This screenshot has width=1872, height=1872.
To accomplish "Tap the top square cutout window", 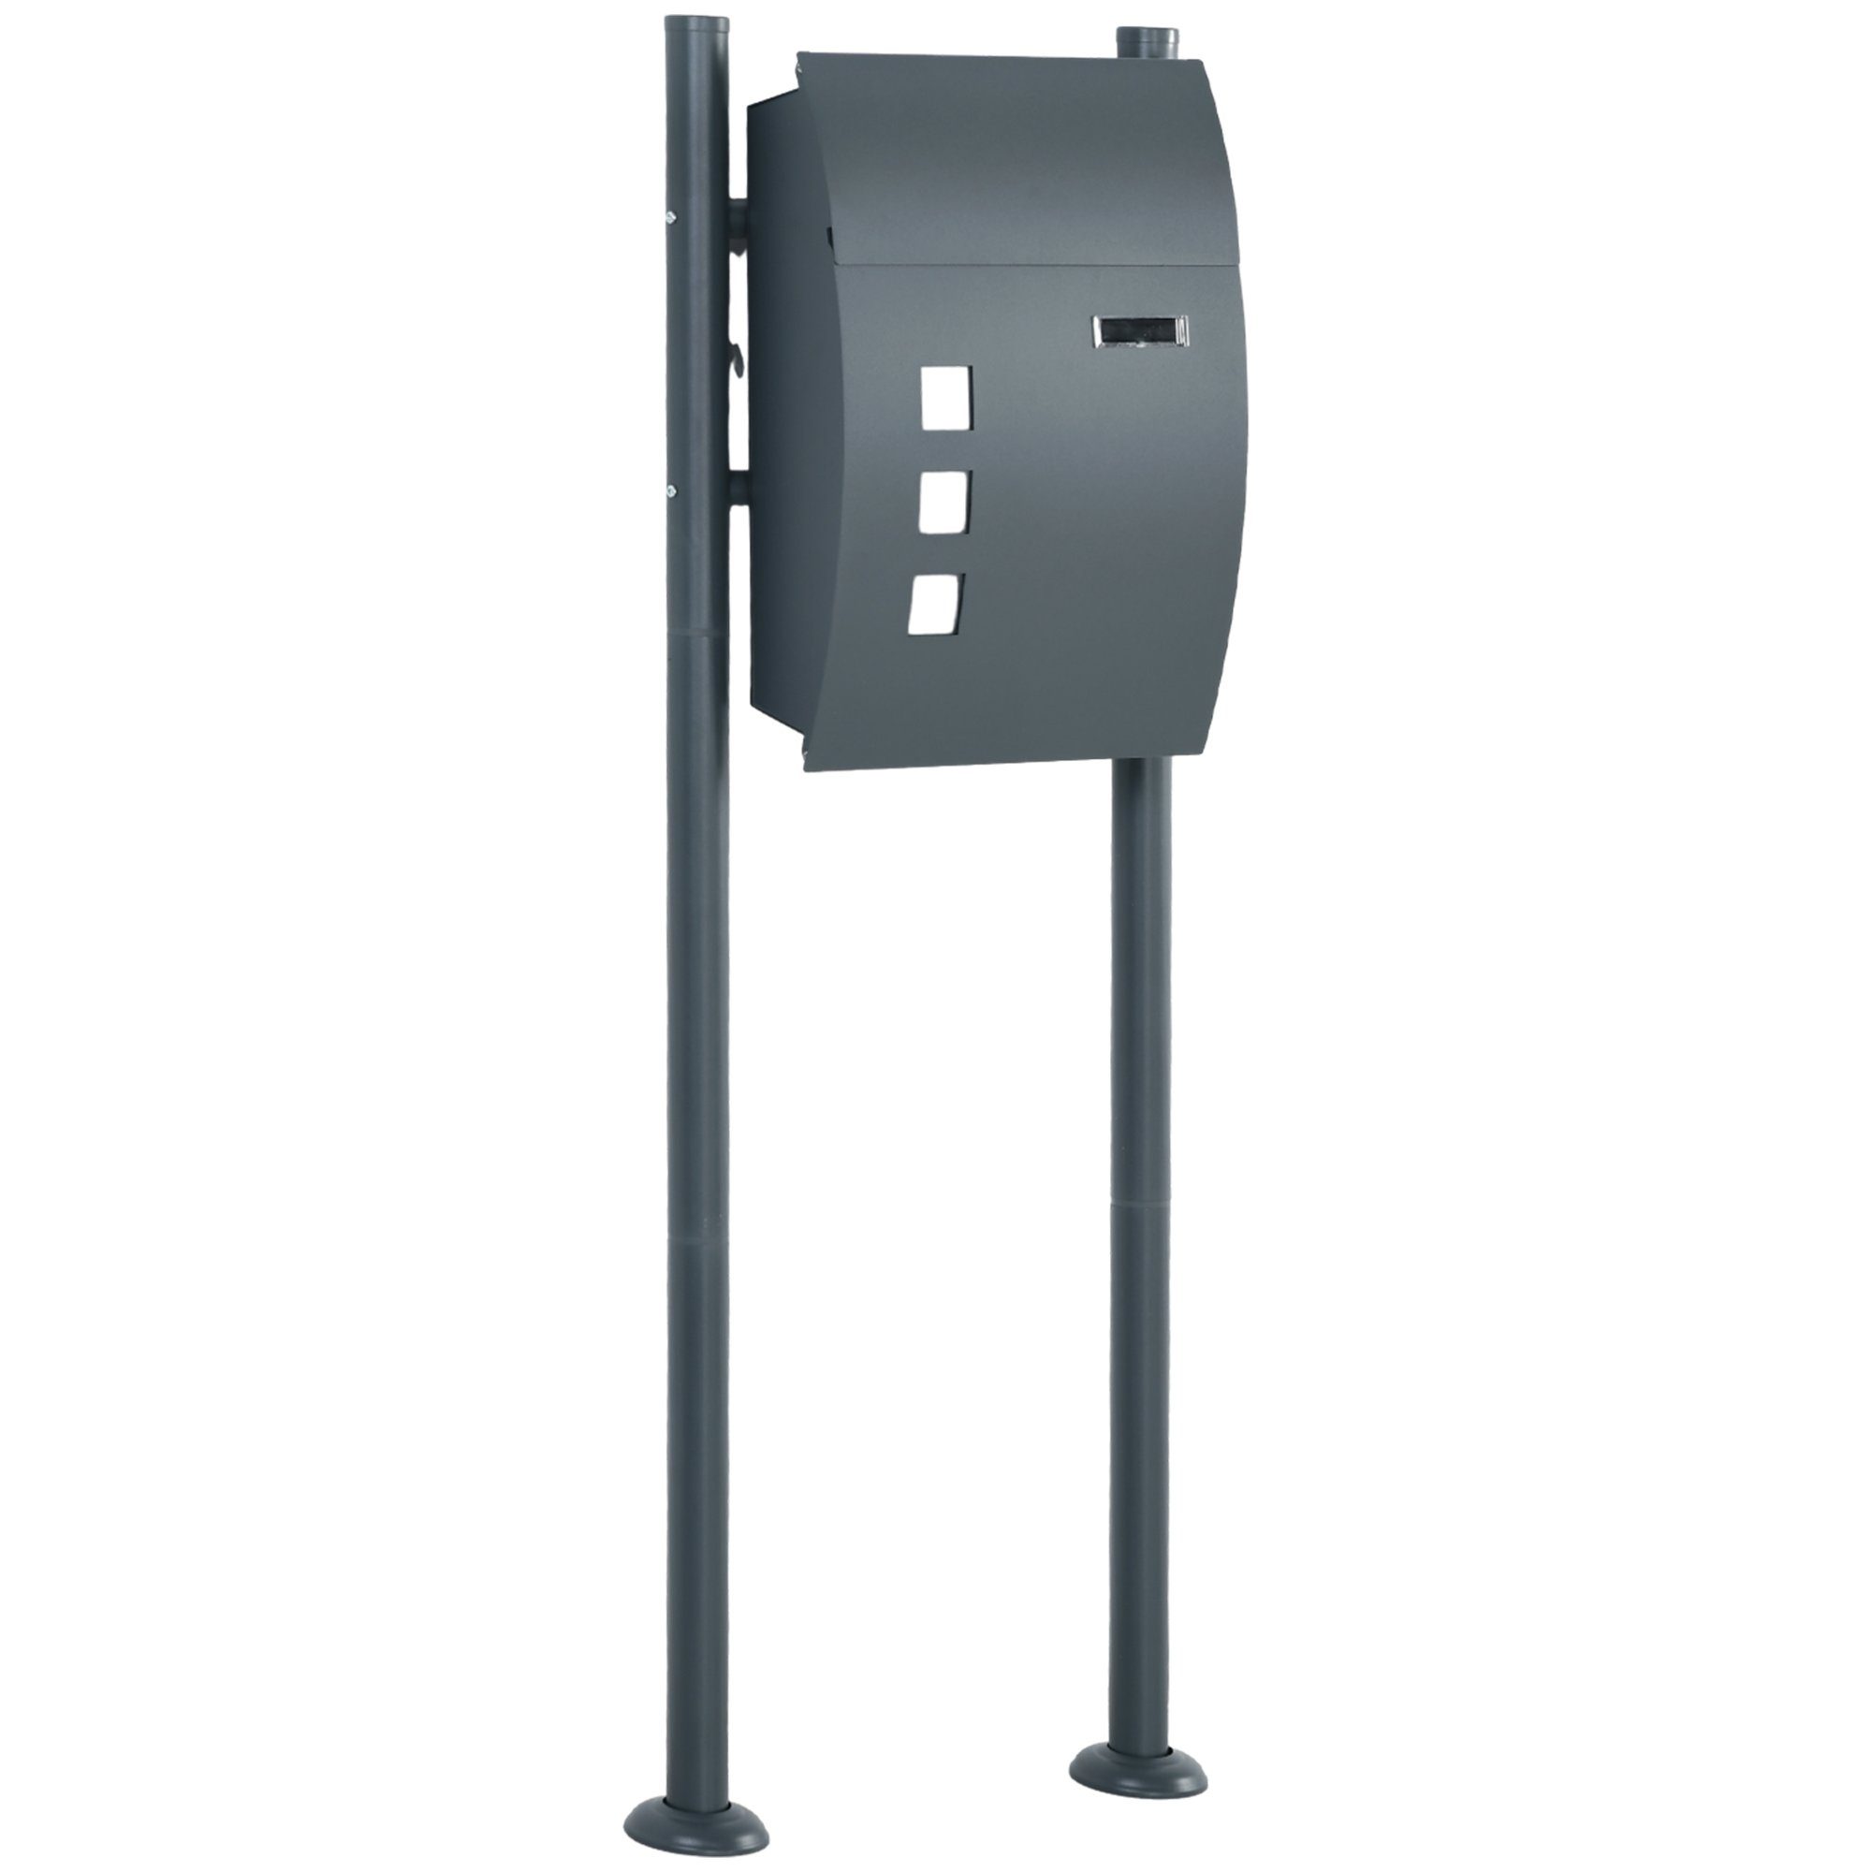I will click(x=945, y=397).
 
